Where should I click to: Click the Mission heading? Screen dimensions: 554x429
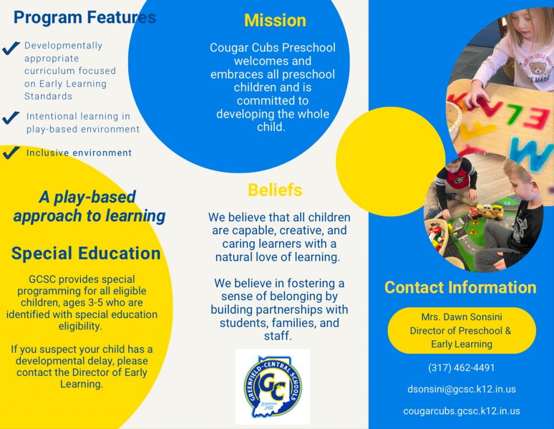[275, 21]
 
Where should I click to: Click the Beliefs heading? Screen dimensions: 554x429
[275, 190]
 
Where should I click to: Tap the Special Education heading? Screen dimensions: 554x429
[86, 253]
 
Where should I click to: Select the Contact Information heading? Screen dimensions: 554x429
[460, 287]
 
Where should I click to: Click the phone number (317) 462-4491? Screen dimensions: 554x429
[461, 368]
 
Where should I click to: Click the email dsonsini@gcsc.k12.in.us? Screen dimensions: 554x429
[461, 390]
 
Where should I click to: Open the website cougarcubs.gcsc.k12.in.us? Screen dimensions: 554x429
[461, 411]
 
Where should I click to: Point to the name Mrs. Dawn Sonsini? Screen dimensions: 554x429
[461, 317]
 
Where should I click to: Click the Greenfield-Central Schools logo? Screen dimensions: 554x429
[273, 387]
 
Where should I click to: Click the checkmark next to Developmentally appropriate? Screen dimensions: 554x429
[11, 48]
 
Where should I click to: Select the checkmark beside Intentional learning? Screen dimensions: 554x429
[11, 118]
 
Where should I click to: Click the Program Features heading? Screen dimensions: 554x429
[85, 17]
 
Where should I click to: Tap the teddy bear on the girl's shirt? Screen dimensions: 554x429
[538, 67]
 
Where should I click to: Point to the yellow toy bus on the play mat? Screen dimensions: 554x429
[489, 211]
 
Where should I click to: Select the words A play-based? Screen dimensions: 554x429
[87, 197]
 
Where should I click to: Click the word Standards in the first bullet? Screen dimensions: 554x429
[48, 96]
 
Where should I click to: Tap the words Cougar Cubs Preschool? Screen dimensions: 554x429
[273, 48]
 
